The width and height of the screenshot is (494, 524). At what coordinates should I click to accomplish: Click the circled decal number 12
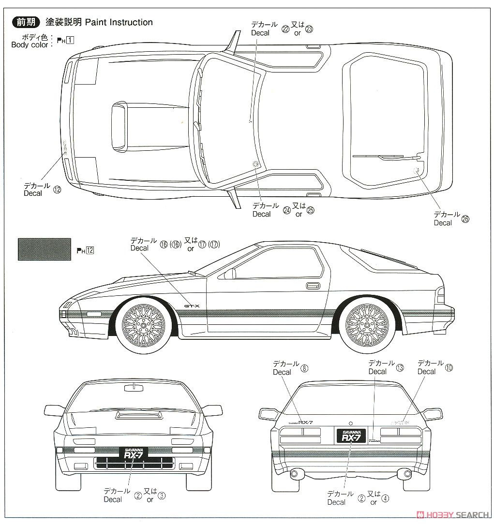pyautogui.click(x=58, y=189)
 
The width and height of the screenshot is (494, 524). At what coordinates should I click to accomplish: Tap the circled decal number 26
pyautogui.click(x=465, y=218)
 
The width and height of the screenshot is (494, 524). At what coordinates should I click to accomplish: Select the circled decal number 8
pyautogui.click(x=304, y=368)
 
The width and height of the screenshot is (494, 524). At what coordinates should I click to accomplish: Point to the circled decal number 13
pyautogui.click(x=400, y=368)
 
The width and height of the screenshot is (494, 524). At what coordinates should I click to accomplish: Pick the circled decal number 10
pyautogui.click(x=449, y=368)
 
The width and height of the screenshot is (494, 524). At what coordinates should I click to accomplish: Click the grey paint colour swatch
pyautogui.click(x=44, y=249)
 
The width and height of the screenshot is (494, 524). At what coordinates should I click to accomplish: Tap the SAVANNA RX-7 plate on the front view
pyautogui.click(x=133, y=453)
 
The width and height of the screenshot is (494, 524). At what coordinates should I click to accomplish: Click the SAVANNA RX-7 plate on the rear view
pyautogui.click(x=351, y=435)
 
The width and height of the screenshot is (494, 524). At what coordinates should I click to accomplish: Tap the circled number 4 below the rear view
pyautogui.click(x=385, y=498)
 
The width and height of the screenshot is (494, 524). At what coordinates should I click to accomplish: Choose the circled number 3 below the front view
pyautogui.click(x=162, y=495)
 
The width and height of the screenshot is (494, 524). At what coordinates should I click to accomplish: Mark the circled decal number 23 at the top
pyautogui.click(x=309, y=29)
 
